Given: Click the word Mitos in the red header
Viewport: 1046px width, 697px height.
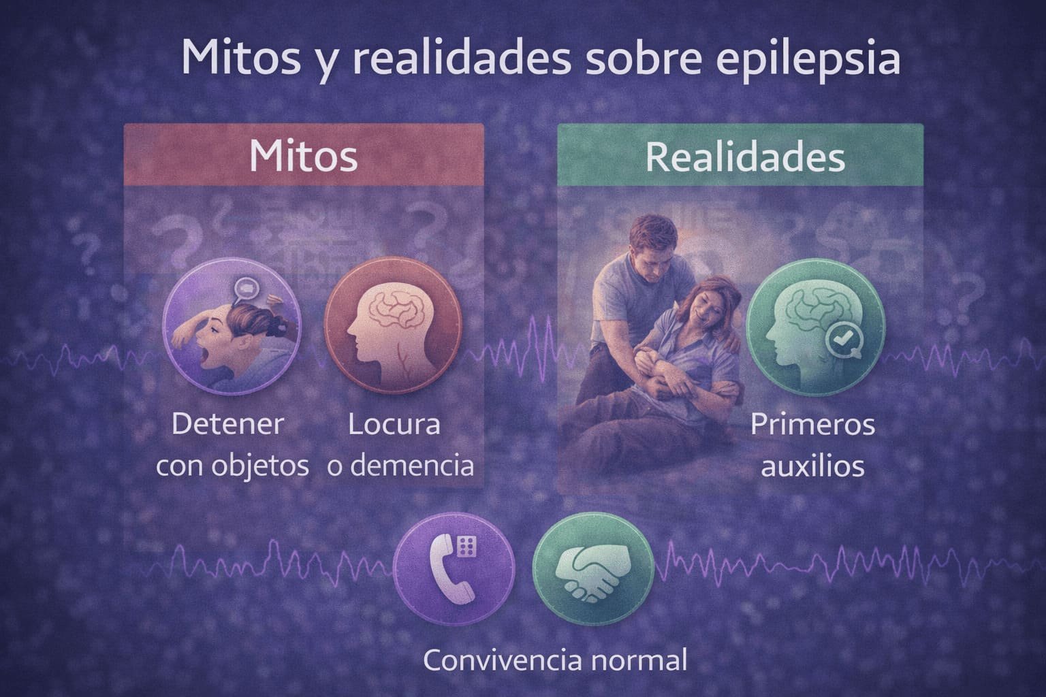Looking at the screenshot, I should pyautogui.click(x=303, y=156).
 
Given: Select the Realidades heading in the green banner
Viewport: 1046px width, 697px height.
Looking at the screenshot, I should pyautogui.click(x=745, y=157).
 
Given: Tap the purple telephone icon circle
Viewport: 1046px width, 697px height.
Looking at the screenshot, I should pyautogui.click(x=455, y=568).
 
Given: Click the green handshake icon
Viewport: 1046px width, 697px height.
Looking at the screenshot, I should pyautogui.click(x=592, y=568).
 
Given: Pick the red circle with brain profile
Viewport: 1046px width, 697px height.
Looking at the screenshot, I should pyautogui.click(x=393, y=325).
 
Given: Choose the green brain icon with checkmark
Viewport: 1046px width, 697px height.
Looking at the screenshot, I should pyautogui.click(x=814, y=325).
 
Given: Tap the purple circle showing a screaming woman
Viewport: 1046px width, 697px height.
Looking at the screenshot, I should pyautogui.click(x=231, y=325).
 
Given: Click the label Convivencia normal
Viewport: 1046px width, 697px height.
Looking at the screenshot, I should pyautogui.click(x=555, y=660).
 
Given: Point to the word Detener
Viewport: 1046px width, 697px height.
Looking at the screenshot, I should pyautogui.click(x=227, y=425).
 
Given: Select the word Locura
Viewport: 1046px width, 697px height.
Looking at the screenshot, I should pyautogui.click(x=394, y=425).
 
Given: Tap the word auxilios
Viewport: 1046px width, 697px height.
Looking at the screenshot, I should pyautogui.click(x=812, y=467).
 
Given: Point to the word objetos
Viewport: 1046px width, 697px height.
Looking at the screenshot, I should pyautogui.click(x=268, y=467).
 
